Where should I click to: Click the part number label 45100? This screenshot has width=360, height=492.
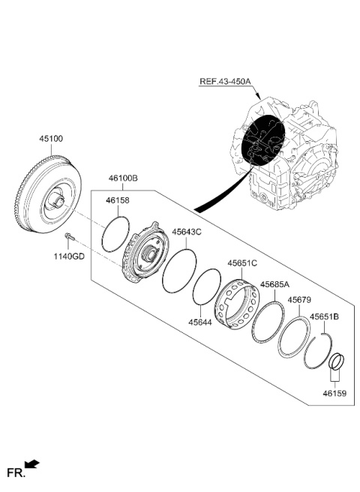click(x=51, y=138)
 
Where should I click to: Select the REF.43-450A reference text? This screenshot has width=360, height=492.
click(x=225, y=81)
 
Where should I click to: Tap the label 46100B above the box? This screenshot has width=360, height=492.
click(x=123, y=178)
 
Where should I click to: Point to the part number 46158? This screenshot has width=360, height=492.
click(x=118, y=200)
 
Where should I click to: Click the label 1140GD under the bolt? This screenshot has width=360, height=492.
click(x=69, y=256)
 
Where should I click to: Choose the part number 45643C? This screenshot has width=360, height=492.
click(x=187, y=232)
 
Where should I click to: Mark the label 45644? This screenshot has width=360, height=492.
click(x=200, y=322)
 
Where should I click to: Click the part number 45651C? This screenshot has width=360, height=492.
click(x=242, y=263)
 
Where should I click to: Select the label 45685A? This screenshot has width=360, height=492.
click(x=275, y=284)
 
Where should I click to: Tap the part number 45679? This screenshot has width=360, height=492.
click(x=299, y=300)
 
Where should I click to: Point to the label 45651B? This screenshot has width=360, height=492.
click(x=324, y=316)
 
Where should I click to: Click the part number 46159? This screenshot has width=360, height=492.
click(x=334, y=393)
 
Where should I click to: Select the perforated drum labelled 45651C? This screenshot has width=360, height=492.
click(x=237, y=304)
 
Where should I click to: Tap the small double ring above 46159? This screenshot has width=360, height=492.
click(x=336, y=361)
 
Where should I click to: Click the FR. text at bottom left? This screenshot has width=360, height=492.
click(x=16, y=472)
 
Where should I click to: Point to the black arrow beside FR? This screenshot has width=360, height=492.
click(x=32, y=463)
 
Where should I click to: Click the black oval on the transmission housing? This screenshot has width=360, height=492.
click(x=263, y=140)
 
